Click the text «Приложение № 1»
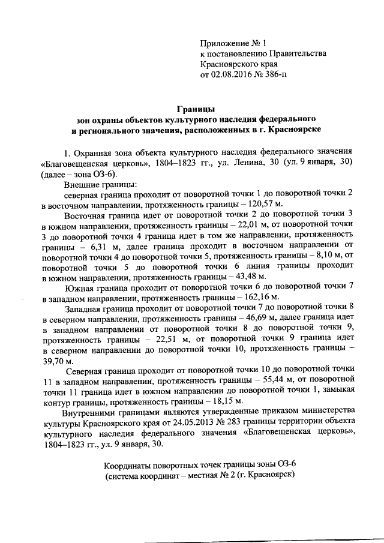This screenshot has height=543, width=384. (x=232, y=43)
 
